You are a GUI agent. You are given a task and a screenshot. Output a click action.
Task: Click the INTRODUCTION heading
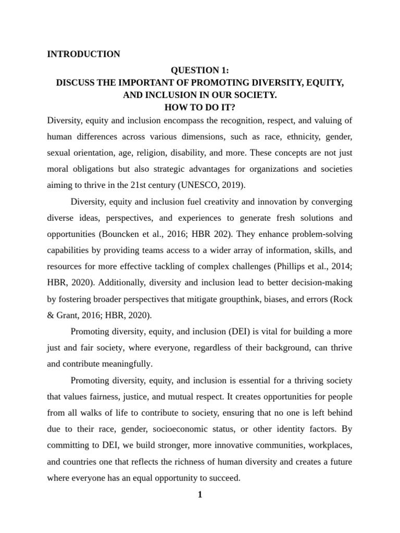83,54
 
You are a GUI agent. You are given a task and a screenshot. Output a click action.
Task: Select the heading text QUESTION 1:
200,70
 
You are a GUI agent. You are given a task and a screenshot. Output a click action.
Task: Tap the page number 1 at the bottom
199,494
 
